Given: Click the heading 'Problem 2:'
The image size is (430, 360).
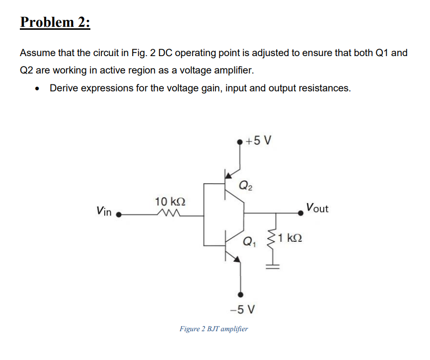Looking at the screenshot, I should tap(56, 23).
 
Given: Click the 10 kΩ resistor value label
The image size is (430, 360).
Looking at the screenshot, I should tap(170, 202).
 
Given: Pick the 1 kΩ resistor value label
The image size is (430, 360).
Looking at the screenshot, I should tap(290, 238).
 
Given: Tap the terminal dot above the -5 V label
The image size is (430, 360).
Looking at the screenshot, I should tap(241, 294).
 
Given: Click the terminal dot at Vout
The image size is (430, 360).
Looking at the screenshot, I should tap(300, 214).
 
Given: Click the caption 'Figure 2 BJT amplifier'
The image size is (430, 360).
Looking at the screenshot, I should tap(214, 329).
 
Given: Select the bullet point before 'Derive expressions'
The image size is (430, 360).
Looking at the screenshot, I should tap(37, 89).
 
